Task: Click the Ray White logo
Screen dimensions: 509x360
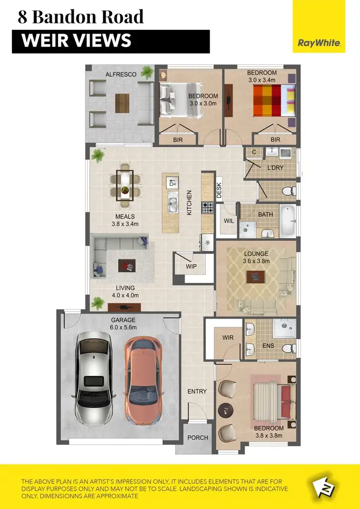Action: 319,43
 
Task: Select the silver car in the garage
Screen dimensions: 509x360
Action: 94,379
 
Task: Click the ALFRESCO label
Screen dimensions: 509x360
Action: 121,74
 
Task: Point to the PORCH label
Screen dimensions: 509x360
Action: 198,438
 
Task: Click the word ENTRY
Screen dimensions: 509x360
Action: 197,391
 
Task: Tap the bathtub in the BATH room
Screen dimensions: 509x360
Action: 288,221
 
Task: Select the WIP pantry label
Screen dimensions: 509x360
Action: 191,267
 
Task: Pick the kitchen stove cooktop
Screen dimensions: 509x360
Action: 207,208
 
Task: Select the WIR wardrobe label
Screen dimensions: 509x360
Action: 228,338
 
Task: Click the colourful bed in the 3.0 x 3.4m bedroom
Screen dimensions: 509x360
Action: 271,100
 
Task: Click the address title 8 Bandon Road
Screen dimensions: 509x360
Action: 81,17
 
